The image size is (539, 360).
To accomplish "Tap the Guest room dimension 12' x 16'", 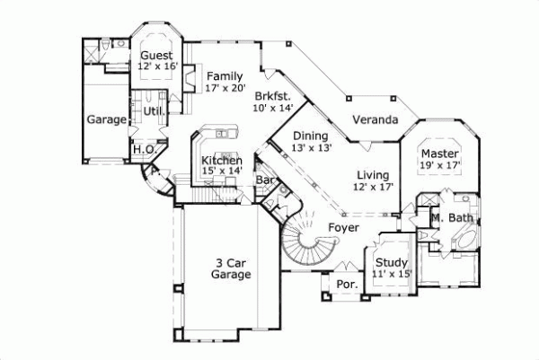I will coord(158,66).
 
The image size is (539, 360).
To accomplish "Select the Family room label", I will coord(224,76).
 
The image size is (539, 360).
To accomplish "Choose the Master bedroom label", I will coord(440,153).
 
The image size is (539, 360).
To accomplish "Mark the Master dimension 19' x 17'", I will coord(440,165).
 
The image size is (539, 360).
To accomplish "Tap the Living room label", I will coord(372,175).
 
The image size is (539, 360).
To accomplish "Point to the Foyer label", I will coord(342,228).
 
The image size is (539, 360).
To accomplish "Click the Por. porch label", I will coord(347,285).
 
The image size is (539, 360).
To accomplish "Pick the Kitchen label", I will coord(221,161).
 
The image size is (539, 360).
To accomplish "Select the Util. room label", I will coord(152,111).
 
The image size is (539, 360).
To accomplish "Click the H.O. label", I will coord(144,150).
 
